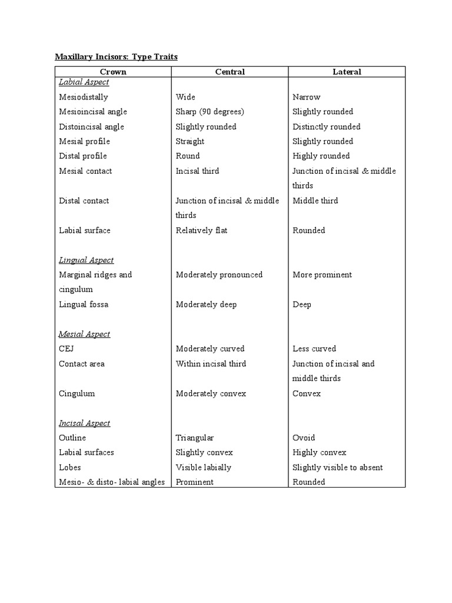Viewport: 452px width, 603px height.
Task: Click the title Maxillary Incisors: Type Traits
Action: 116,57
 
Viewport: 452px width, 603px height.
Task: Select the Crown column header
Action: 113,72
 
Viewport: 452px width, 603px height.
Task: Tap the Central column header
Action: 230,72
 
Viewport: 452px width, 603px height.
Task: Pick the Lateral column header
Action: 347,72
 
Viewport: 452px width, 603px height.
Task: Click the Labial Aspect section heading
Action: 84,82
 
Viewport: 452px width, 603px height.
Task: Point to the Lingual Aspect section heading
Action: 87,260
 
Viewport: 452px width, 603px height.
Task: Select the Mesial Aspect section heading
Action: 85,334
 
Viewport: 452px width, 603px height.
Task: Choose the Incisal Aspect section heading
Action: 85,423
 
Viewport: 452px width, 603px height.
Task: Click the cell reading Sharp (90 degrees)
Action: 210,112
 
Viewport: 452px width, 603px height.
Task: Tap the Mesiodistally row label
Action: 84,97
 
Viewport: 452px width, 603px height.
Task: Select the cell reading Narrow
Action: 307,97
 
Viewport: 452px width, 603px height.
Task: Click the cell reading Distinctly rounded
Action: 327,127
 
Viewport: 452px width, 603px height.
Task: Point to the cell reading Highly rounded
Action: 321,156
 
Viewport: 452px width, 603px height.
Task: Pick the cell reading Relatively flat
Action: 202,230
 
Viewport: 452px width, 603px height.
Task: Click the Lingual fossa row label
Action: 84,304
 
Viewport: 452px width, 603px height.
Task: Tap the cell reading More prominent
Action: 322,275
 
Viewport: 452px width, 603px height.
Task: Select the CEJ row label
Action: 67,349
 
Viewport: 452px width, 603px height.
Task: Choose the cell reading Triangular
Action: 195,438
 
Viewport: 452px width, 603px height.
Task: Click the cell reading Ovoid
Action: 304,438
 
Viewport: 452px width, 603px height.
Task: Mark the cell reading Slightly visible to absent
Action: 338,468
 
